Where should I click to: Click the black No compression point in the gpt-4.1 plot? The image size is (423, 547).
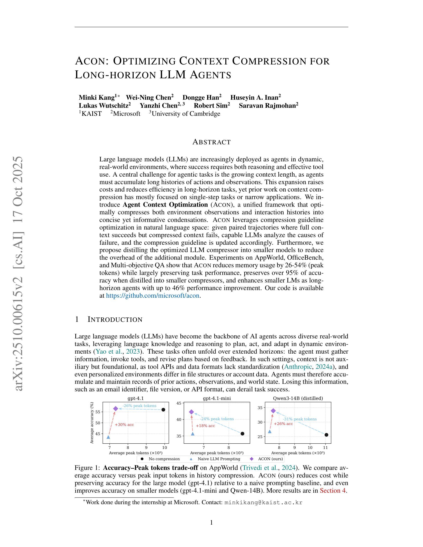163,410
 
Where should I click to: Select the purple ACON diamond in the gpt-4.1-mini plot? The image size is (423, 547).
191,412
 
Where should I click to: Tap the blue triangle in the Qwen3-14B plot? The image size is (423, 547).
270,431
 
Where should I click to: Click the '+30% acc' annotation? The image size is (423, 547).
124,425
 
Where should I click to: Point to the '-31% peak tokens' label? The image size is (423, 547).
300,419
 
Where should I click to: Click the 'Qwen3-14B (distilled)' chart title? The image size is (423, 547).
298,398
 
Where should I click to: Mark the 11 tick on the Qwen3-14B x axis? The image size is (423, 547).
325,448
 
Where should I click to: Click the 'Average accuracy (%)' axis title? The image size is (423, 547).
92,423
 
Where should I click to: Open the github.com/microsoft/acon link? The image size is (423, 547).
153,296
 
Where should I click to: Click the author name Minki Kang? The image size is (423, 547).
97,97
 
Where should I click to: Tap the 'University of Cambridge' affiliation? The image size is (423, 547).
186,114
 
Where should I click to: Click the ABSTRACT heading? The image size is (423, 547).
211,142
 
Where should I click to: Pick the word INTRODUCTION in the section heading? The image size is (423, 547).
115,319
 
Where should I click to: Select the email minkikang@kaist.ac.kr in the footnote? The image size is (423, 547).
263,502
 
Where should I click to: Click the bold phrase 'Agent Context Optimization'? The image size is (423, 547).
165,205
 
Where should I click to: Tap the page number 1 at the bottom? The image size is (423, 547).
211,522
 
